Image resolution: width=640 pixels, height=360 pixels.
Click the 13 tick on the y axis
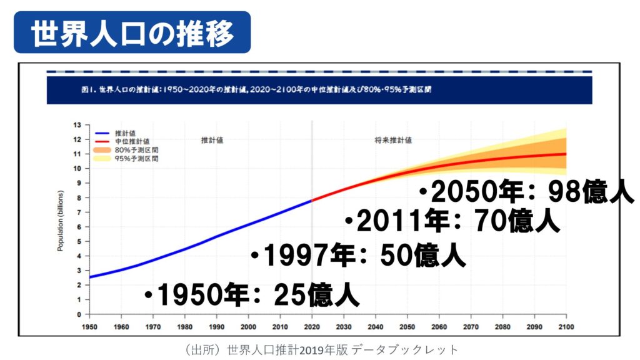click(x=78, y=125)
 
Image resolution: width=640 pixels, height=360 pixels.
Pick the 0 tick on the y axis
click(x=79, y=314)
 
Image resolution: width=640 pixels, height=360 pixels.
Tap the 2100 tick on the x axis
click(x=566, y=326)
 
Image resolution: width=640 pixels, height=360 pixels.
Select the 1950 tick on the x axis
click(x=90, y=326)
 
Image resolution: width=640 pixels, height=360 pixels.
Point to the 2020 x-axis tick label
click(x=312, y=326)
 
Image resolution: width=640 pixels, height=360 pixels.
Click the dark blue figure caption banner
click(x=319, y=90)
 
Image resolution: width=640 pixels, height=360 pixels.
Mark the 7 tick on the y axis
click(x=79, y=212)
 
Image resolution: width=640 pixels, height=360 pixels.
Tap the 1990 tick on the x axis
click(x=217, y=326)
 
